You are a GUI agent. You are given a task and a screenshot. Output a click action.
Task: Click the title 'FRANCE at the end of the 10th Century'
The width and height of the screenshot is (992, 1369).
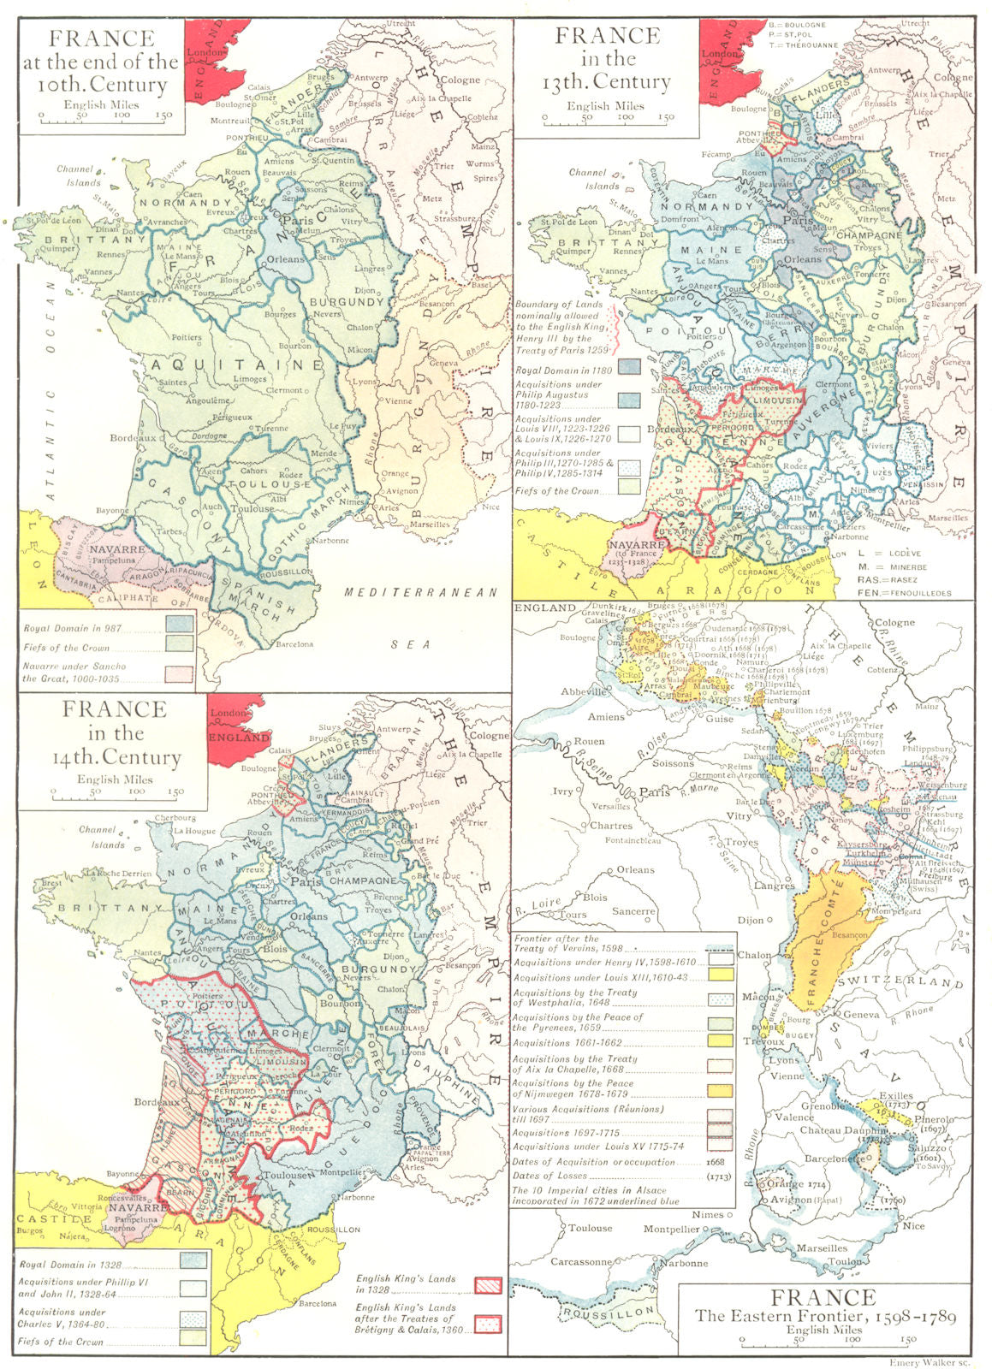pyautogui.click(x=101, y=62)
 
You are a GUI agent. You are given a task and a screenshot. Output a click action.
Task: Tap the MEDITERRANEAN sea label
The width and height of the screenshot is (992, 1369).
pyautogui.click(x=420, y=592)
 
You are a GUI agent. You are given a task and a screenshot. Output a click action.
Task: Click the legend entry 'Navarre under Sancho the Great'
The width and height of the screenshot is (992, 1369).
pyautogui.click(x=74, y=672)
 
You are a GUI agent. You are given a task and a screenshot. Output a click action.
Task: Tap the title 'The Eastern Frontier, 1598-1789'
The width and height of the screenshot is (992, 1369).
pyautogui.click(x=825, y=1316)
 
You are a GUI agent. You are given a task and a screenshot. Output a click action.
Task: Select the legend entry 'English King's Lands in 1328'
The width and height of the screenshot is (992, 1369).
pyautogui.click(x=406, y=1283)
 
